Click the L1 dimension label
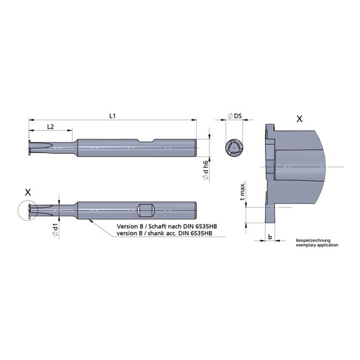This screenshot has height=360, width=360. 112,116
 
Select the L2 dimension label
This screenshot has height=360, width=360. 51,127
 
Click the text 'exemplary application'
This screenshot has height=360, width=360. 317,246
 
